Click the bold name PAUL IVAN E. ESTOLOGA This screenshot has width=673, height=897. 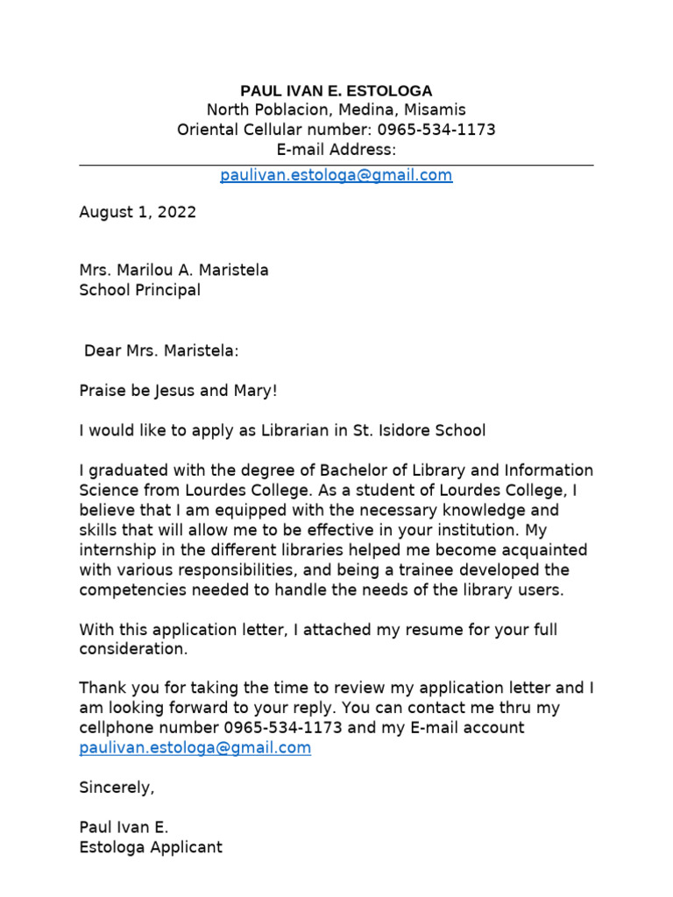336,91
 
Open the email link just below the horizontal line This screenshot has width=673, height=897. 336,175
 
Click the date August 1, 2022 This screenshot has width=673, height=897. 138,212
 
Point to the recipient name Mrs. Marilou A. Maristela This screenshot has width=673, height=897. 174,270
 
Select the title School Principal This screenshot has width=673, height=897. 140,290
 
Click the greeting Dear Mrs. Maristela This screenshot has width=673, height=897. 161,351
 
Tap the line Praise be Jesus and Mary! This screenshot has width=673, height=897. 178,391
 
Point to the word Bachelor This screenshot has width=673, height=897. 358,470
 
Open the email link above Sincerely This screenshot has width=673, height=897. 195,748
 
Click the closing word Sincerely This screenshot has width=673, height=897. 116,788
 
